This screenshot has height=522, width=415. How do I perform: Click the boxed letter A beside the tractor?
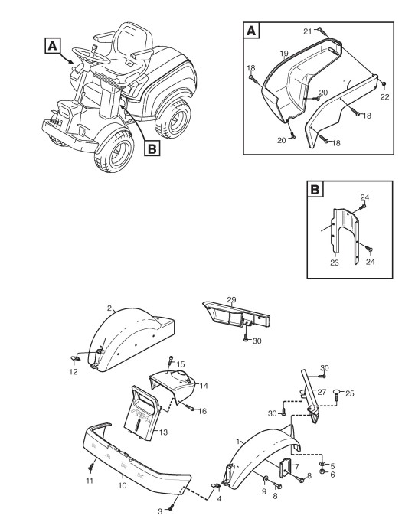click(53, 46)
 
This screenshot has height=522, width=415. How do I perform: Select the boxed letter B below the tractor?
click(152, 148)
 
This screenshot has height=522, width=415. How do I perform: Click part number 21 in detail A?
click(307, 31)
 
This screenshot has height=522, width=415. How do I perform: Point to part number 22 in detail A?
click(384, 97)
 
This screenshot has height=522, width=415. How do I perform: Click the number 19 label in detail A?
click(284, 54)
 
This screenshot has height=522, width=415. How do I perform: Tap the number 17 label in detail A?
click(347, 82)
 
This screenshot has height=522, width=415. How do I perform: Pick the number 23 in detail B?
click(335, 263)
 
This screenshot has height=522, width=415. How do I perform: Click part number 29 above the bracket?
click(231, 299)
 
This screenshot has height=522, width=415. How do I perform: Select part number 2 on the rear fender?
click(109, 308)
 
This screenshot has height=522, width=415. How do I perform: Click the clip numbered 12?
click(76, 359)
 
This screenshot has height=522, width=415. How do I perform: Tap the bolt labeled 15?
click(172, 360)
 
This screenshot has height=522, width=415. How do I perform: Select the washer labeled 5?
click(322, 464)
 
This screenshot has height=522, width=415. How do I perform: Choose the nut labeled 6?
click(322, 471)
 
